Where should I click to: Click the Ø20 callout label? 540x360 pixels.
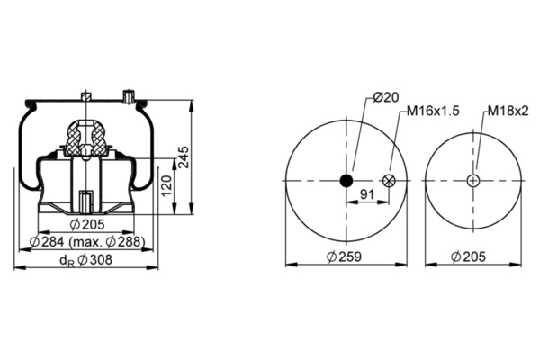point(386,98)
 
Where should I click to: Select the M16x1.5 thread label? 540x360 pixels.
point(433,112)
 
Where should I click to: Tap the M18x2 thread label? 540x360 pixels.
point(508,111)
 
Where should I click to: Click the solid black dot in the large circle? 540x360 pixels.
point(346,180)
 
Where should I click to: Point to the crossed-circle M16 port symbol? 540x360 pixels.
point(389,180)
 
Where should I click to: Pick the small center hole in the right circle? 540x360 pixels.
point(473,180)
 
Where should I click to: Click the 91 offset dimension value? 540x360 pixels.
point(367,194)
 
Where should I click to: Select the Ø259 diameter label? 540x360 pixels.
point(344,256)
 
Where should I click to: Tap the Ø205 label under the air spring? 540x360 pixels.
point(86,225)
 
